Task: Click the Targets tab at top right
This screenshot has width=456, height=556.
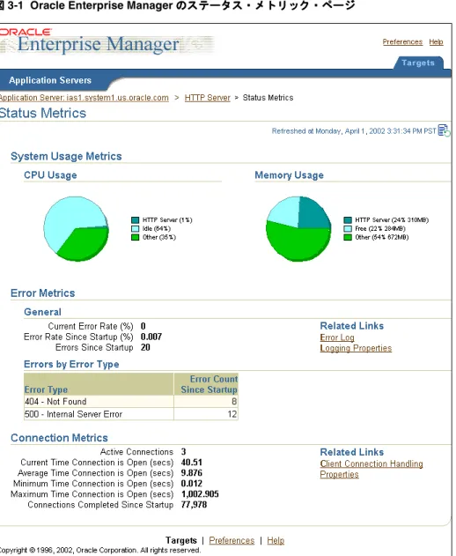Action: [418, 63]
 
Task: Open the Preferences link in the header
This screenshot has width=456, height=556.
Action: [402, 41]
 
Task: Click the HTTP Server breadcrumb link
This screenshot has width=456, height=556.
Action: [207, 98]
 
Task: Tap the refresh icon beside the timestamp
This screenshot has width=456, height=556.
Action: [444, 130]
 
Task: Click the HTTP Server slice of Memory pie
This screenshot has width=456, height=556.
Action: [313, 212]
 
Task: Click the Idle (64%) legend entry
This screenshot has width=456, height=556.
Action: [151, 229]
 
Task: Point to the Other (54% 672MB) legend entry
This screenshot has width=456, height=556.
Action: [376, 237]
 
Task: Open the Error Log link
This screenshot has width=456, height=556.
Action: [337, 337]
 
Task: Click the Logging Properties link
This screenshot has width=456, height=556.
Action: [356, 348]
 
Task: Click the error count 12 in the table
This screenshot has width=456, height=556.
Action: [232, 414]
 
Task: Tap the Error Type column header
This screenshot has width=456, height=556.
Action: [46, 389]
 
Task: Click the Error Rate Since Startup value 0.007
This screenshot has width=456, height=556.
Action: [151, 337]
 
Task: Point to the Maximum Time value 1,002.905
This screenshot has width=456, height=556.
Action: [200, 494]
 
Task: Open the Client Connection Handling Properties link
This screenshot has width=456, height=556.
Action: [371, 469]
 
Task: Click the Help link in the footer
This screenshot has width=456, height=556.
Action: [276, 540]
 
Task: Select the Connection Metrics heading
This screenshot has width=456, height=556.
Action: [59, 438]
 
